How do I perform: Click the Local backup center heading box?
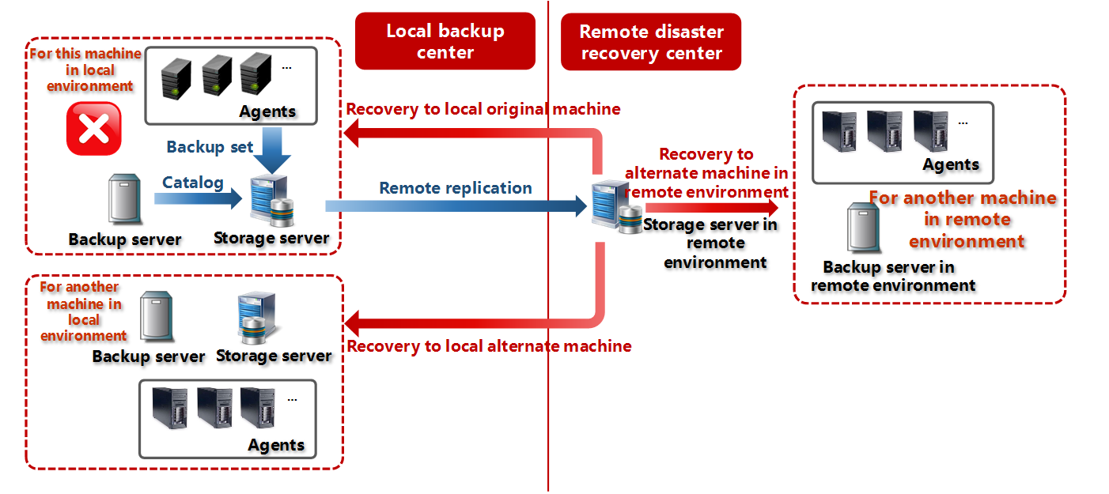pyautogui.click(x=445, y=42)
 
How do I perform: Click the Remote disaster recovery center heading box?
pyautogui.click(x=650, y=42)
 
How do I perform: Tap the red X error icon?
pyautogui.click(x=94, y=128)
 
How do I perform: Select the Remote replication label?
pyautogui.click(x=456, y=188)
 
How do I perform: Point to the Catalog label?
pyautogui.click(x=193, y=183)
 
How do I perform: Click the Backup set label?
pyautogui.click(x=210, y=147)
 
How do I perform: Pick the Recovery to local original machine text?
pyautogui.click(x=483, y=109)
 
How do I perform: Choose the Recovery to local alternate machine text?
pyautogui.click(x=489, y=346)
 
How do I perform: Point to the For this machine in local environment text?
pyautogui.click(x=85, y=70)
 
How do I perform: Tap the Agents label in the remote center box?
pyautogui.click(x=951, y=164)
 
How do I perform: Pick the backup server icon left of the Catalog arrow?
pyautogui.click(x=125, y=200)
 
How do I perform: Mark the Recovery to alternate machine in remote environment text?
pyautogui.click(x=706, y=173)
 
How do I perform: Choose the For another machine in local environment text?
pyautogui.click(x=82, y=311)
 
